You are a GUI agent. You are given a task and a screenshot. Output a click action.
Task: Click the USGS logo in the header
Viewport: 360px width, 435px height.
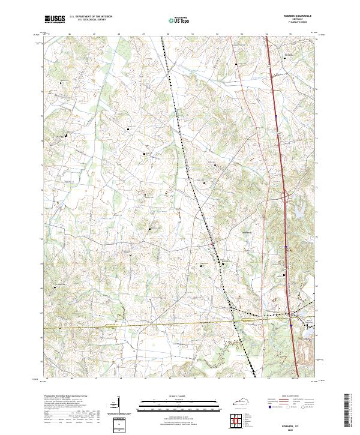55,20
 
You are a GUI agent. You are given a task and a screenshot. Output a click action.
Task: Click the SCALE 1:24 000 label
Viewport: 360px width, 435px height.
179,395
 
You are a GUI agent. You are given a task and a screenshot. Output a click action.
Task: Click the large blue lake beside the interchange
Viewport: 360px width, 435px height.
296,209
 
